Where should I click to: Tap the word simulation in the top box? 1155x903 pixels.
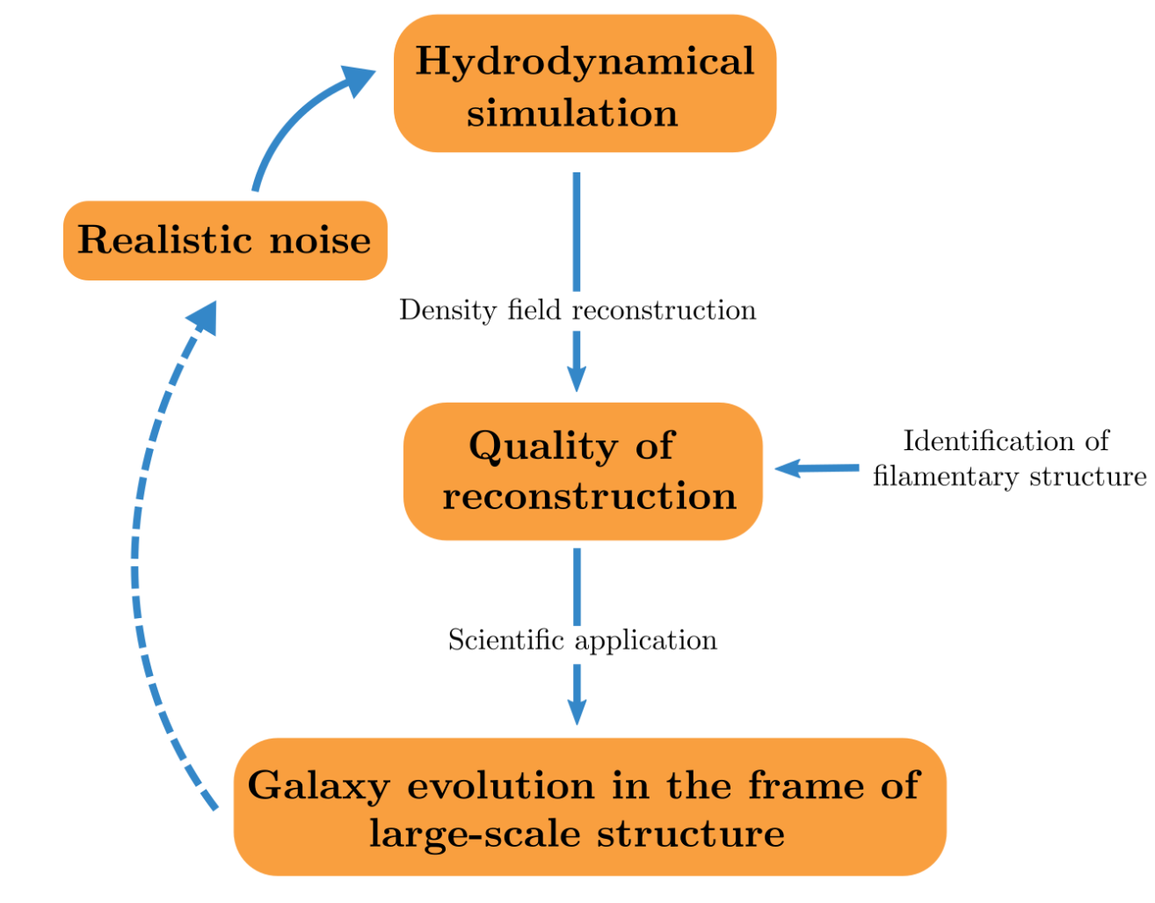click(x=572, y=113)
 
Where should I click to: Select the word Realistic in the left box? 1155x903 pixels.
click(x=164, y=239)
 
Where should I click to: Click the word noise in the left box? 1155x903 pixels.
click(x=320, y=240)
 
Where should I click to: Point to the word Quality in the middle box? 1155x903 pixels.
click(x=543, y=447)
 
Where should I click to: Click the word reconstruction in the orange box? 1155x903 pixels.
click(x=590, y=496)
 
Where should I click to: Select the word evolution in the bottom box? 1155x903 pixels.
click(x=501, y=785)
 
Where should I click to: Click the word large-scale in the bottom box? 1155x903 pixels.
click(x=475, y=834)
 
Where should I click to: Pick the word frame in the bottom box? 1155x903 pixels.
click(x=806, y=784)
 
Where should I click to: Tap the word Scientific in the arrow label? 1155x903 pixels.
click(x=506, y=639)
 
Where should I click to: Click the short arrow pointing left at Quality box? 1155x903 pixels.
click(x=817, y=469)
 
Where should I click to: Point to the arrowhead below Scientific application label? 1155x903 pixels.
click(x=577, y=711)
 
